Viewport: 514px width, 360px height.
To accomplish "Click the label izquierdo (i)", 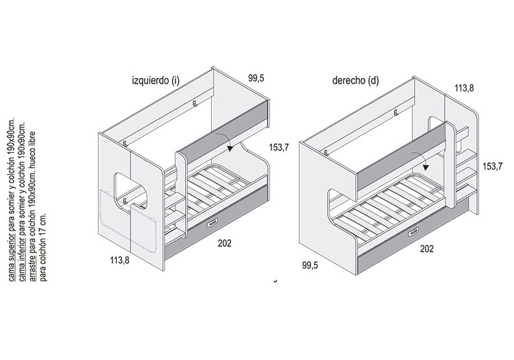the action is tap(156, 81).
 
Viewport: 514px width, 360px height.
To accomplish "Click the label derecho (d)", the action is tap(356, 81).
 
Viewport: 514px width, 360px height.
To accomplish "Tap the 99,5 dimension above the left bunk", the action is tap(256, 78).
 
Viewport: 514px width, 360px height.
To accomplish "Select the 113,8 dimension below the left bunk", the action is tap(120, 261).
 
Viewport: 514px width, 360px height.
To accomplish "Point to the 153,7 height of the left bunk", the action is tap(279, 147).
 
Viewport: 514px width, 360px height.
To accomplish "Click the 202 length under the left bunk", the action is tap(225, 243).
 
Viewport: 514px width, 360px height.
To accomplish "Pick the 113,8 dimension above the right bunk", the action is tap(464, 88).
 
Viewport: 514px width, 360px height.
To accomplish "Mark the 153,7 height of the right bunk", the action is tap(492, 167).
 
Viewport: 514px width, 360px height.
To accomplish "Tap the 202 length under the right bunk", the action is tap(427, 249).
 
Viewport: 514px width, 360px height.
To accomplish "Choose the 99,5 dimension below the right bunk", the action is tap(310, 265).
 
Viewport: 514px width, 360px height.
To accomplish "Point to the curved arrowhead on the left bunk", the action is tap(230, 149).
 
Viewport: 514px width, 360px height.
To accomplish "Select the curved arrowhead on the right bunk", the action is tap(426, 167).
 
